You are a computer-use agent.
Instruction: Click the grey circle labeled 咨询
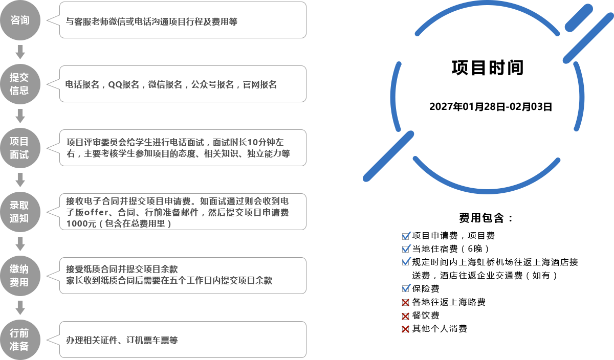(20, 20)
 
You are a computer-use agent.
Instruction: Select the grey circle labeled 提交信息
(20, 84)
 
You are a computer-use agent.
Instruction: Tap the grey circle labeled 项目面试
(20, 148)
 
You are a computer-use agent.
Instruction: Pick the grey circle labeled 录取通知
(20, 212)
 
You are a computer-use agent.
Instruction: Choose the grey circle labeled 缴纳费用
(20, 276)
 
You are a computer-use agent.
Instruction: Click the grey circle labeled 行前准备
(20, 340)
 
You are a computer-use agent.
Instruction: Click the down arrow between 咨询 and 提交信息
(20, 52)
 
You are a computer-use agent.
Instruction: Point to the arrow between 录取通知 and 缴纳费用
(20, 244)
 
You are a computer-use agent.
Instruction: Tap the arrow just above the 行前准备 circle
(20, 308)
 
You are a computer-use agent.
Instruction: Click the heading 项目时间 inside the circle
(488, 67)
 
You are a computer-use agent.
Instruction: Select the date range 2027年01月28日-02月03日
(491, 106)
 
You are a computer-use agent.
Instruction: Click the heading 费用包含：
(486, 218)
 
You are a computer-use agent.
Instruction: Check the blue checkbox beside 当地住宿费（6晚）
(406, 249)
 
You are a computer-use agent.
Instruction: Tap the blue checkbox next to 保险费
(406, 288)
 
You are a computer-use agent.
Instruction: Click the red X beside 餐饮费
(405, 316)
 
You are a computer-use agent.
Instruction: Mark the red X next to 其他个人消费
(405, 329)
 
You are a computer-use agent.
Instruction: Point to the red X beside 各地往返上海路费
(405, 303)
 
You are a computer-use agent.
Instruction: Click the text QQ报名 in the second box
(124, 85)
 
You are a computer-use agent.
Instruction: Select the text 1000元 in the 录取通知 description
(81, 223)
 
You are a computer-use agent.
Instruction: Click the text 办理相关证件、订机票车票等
(122, 340)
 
